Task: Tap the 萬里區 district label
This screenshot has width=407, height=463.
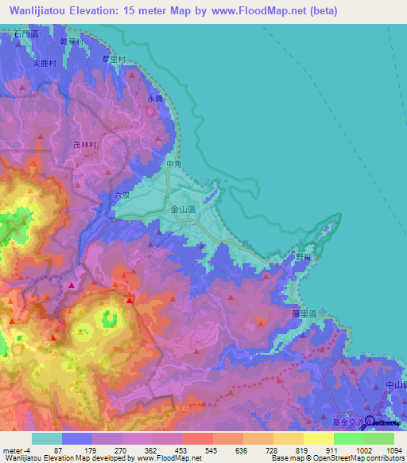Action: click(x=304, y=314)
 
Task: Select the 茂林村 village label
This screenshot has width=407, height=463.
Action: click(x=84, y=145)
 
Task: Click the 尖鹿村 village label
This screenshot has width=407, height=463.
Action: click(x=45, y=62)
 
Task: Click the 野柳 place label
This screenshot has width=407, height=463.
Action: click(x=303, y=257)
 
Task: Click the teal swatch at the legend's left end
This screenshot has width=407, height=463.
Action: click(x=47, y=438)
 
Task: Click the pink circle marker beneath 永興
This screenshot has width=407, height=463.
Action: click(x=149, y=111)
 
